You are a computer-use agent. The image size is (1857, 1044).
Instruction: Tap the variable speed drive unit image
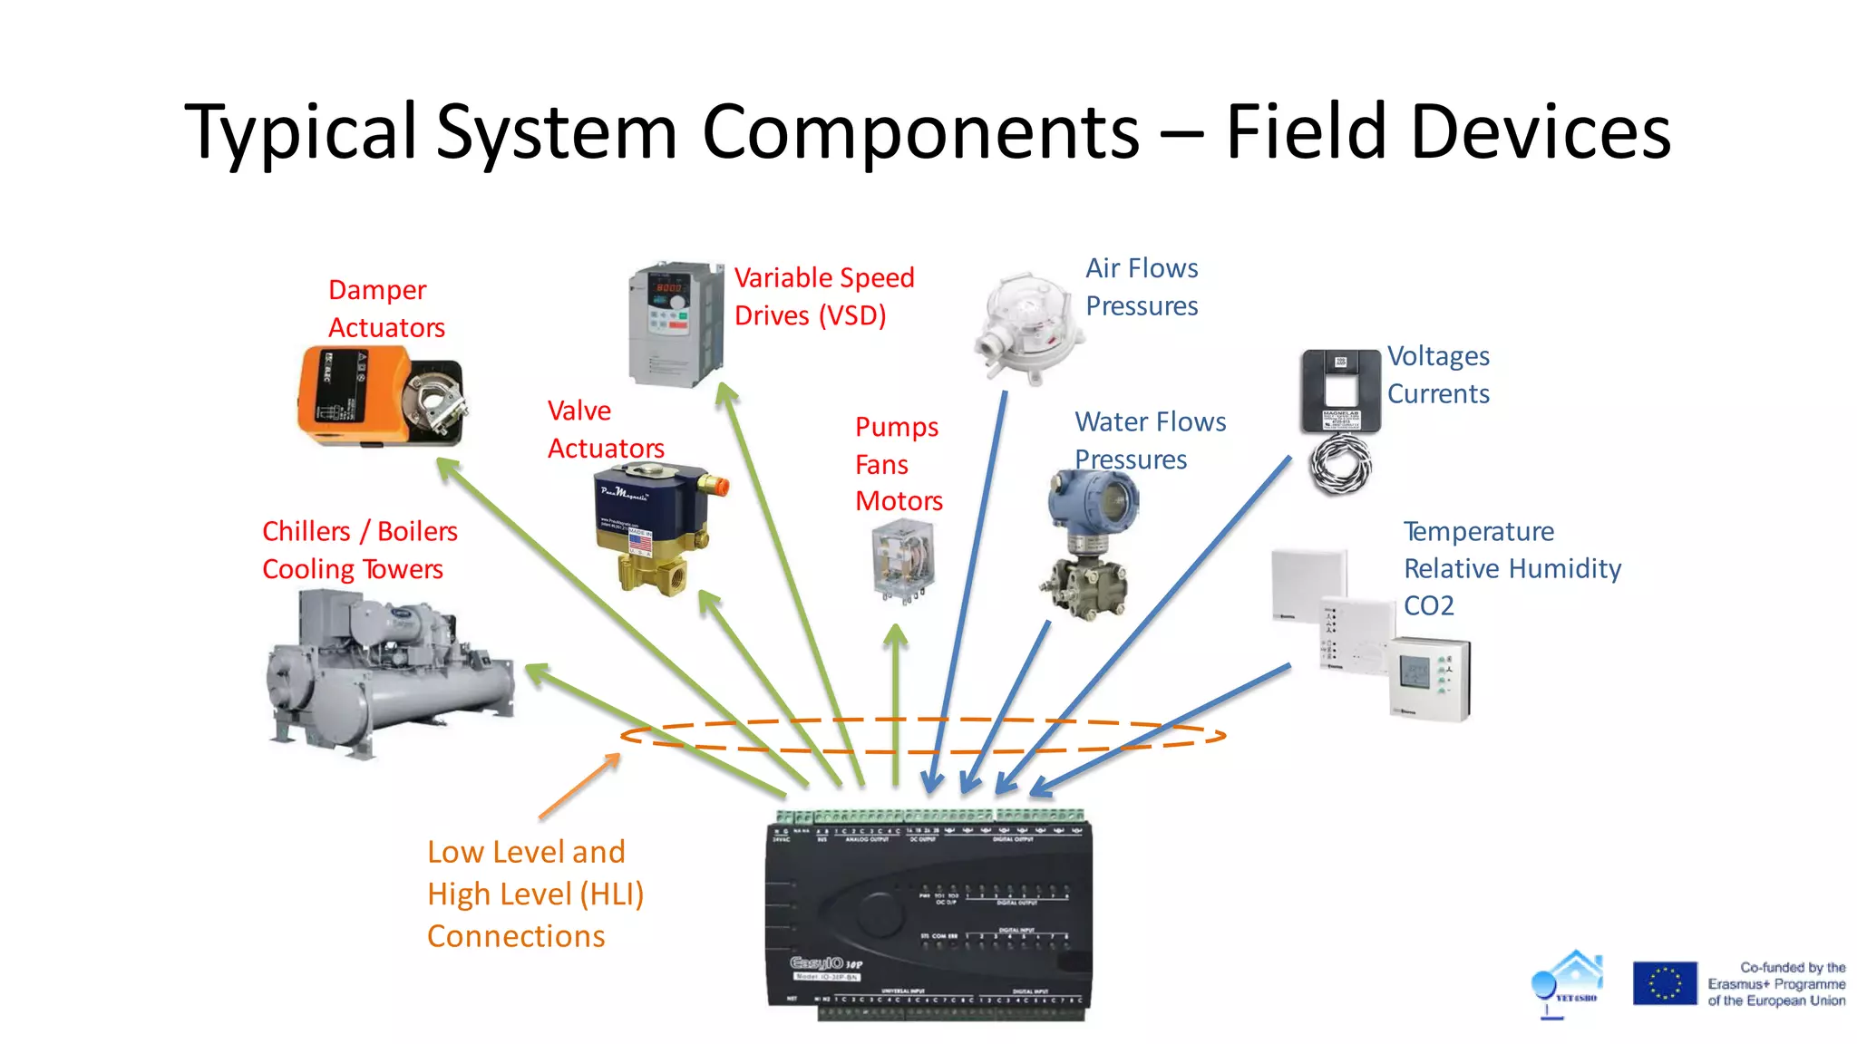[676, 324]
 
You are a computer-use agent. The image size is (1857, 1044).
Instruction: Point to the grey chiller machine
[390, 671]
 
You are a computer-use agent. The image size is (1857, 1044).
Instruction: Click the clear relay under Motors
[902, 562]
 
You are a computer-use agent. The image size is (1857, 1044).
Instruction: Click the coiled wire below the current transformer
[1340, 464]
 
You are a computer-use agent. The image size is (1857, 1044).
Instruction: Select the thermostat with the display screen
[1428, 680]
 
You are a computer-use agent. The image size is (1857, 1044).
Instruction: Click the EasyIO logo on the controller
[817, 962]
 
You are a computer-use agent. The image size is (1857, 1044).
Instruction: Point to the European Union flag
[1664, 983]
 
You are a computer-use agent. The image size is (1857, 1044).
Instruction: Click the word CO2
[1428, 605]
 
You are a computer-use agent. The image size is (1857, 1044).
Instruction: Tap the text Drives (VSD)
[810, 315]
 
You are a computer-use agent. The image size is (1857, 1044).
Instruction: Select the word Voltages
[1438, 356]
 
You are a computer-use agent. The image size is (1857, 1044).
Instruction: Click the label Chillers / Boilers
[359, 531]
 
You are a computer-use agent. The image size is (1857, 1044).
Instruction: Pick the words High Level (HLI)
[535, 894]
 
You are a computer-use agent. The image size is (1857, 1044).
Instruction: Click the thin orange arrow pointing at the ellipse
[580, 786]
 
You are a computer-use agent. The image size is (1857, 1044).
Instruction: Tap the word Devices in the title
[1541, 132]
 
